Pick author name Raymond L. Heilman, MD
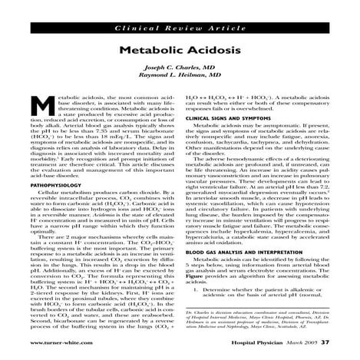(x=180, y=78)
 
